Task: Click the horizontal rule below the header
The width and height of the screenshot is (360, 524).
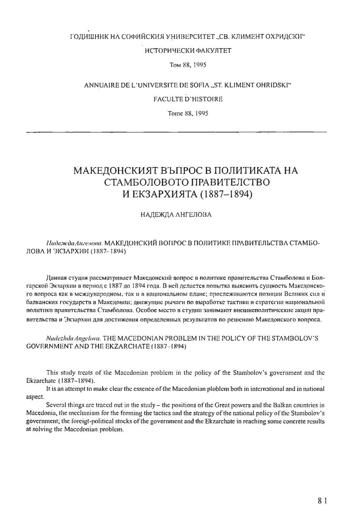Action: coord(177,132)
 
